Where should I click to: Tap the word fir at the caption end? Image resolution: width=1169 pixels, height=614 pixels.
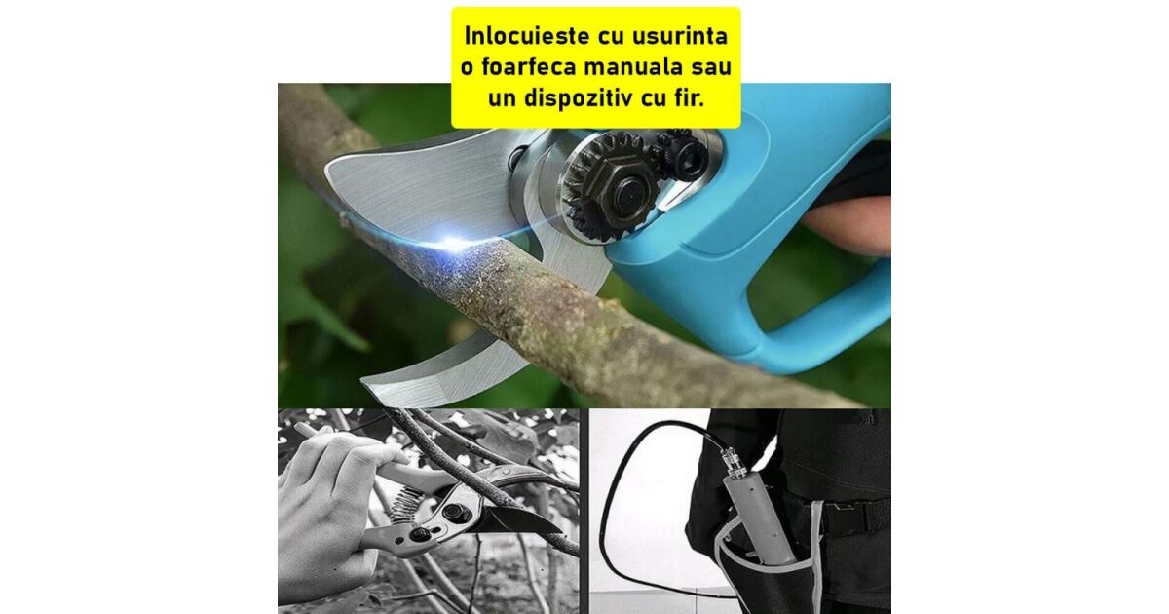click(690, 97)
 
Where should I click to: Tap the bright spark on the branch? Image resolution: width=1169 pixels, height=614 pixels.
click(453, 243)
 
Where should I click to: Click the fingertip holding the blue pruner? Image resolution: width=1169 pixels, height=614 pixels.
click(846, 225)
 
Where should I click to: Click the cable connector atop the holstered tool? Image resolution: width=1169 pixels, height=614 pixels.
click(730, 458)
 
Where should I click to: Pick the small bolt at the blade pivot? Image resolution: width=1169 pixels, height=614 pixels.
click(518, 157)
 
